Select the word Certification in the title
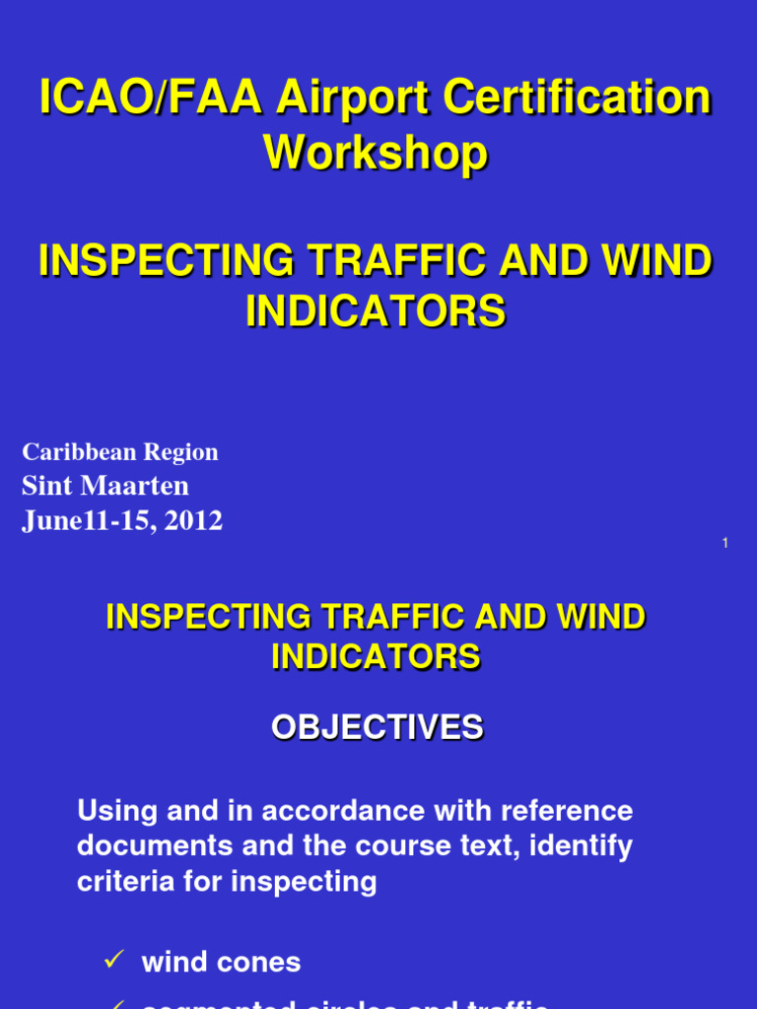[x=577, y=100]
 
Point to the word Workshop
[x=376, y=154]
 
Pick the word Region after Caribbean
[x=181, y=452]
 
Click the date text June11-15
[x=90, y=520]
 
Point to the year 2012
[x=194, y=520]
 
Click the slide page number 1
[x=724, y=543]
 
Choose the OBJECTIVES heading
[x=378, y=728]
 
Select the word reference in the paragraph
[x=567, y=812]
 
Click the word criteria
[x=119, y=882]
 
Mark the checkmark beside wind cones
[x=112, y=961]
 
